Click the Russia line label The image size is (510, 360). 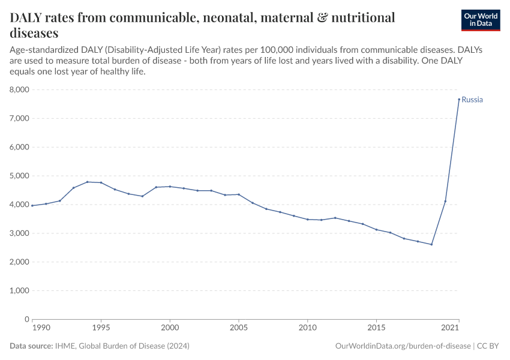click(472, 100)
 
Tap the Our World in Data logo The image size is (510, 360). click(480, 20)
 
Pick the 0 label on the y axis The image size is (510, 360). click(26, 320)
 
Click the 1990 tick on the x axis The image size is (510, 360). click(40, 329)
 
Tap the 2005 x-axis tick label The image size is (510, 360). click(239, 329)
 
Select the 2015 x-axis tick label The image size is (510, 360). click(376, 329)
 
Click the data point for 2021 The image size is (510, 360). click(459, 100)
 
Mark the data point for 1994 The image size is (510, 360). click(87, 182)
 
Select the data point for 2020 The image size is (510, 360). click(445, 201)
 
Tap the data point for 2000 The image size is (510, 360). click(170, 187)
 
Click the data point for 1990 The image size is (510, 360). click(32, 206)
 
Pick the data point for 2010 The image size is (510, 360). click(308, 220)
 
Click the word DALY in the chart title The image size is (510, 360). click(29, 18)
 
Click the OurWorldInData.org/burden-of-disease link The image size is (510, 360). click(402, 346)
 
